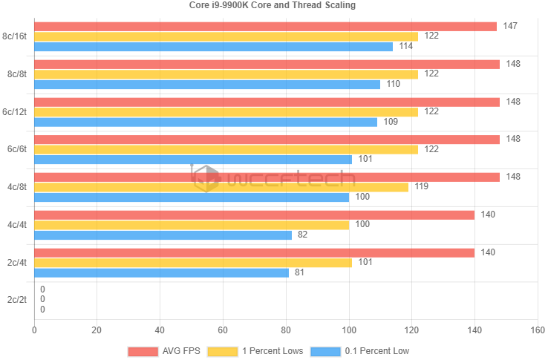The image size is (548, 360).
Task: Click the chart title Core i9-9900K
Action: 273,4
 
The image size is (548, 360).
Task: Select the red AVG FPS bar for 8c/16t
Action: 265,27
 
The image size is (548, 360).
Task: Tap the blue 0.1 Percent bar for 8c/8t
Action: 207,84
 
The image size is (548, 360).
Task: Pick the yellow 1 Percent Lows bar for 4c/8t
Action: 221,187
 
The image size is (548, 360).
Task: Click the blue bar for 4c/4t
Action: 163,235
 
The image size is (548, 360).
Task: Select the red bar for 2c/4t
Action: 254,253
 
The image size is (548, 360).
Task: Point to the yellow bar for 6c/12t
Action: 226,111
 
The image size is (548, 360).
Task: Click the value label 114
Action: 406,46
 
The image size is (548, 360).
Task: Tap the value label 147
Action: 510,26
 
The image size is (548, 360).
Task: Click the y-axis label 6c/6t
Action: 16,149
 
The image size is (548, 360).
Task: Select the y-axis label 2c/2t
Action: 16,300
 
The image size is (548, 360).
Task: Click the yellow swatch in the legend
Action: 222,350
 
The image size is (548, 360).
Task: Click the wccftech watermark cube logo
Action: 206,178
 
